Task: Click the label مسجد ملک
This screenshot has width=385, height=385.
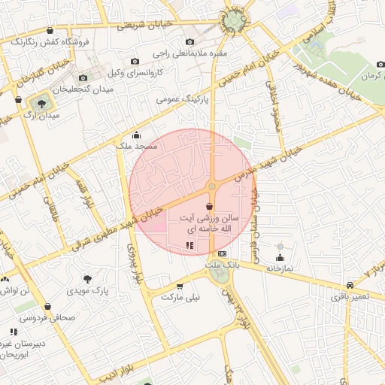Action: coord(135,147)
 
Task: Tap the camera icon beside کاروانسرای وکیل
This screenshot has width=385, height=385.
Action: coord(135,61)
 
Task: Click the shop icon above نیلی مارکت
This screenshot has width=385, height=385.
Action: coord(180,286)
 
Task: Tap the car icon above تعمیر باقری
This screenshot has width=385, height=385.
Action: coord(350,285)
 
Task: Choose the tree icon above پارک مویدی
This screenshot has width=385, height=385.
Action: coord(89,278)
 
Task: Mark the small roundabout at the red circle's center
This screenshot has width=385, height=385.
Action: coord(213,186)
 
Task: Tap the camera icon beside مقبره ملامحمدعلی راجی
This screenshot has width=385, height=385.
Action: coord(189,41)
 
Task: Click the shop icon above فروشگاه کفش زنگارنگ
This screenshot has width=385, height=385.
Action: coord(50,31)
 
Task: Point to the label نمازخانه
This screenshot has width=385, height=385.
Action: coord(279,267)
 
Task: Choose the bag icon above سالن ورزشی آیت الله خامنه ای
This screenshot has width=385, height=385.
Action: coord(209,205)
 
